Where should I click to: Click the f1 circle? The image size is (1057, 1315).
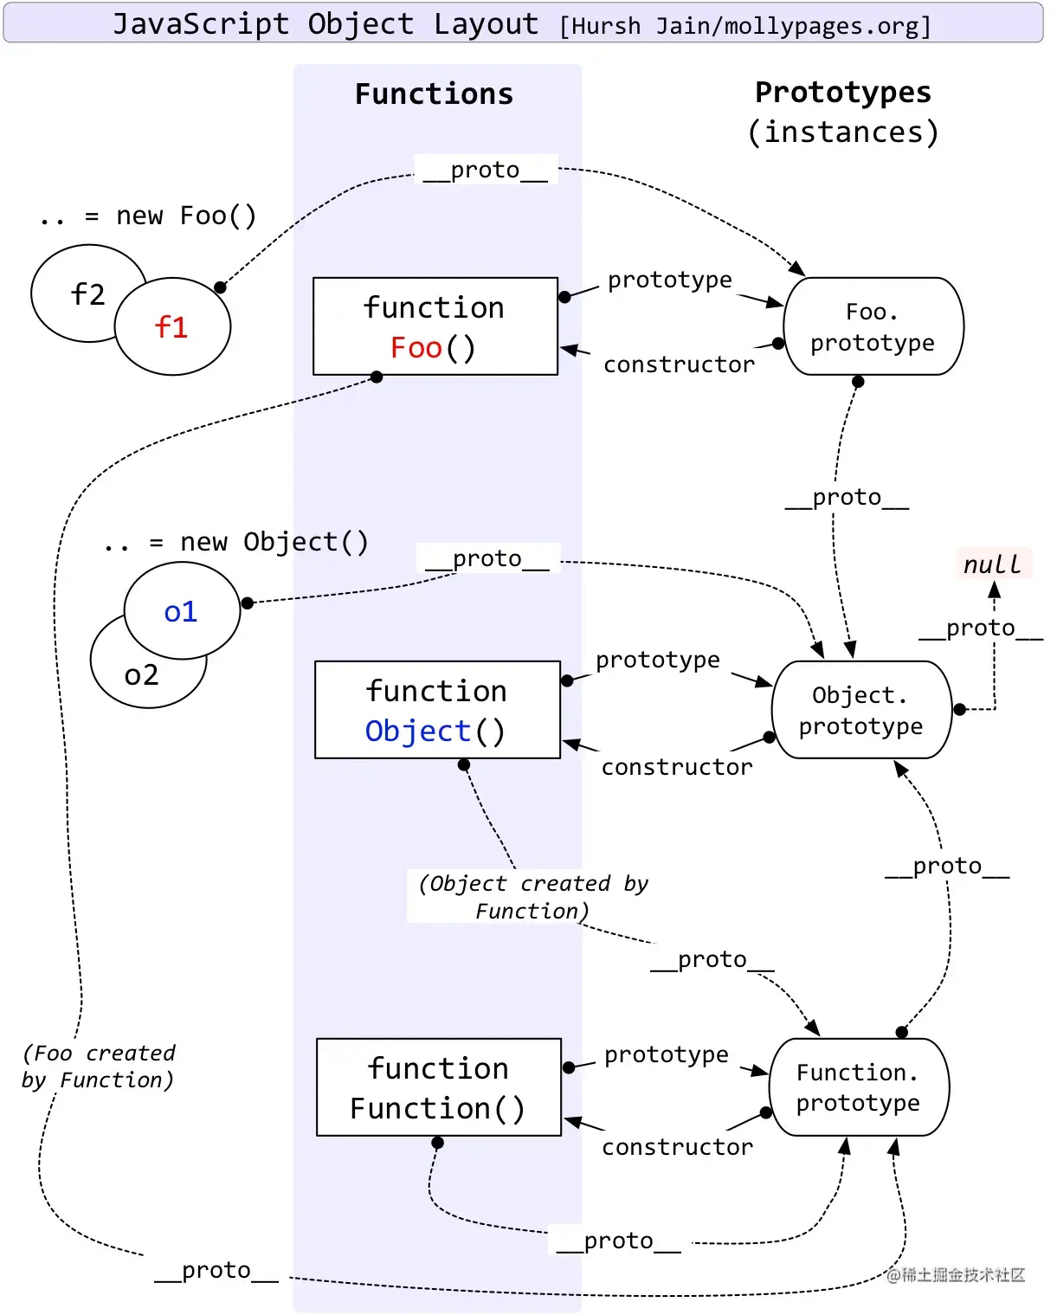[172, 326]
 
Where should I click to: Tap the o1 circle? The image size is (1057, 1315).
[182, 611]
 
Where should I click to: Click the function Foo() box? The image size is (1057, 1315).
[435, 326]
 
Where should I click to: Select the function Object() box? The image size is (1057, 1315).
[437, 710]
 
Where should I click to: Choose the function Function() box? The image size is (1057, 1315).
[438, 1087]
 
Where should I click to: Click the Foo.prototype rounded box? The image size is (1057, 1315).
[873, 326]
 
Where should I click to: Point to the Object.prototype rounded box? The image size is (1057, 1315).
[861, 710]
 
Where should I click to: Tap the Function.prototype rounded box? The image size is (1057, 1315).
[859, 1087]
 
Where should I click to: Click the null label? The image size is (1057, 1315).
[993, 564]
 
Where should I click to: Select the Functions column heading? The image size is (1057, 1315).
[434, 93]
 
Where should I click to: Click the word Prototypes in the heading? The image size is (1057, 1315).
[842, 92]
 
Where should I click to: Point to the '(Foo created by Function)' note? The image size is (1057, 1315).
[99, 1067]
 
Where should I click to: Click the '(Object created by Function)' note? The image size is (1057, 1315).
[532, 897]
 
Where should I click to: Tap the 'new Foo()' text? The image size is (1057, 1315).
[186, 216]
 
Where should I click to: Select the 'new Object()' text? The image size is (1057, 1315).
[274, 542]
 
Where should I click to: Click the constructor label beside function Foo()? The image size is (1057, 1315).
[679, 364]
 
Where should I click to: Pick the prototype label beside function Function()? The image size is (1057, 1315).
[666, 1054]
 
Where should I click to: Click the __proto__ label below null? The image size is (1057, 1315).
[980, 628]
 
